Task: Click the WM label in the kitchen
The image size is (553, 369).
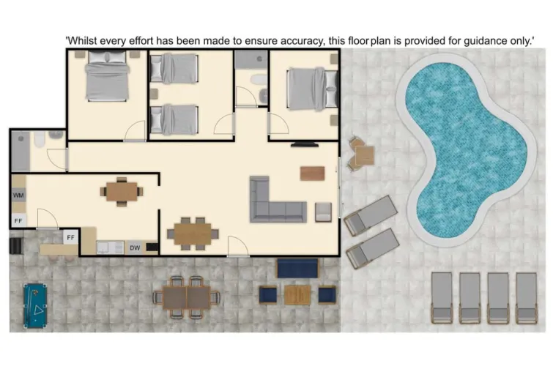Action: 18,195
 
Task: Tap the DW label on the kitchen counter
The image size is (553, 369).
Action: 135,248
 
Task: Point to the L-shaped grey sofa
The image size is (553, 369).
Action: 275,201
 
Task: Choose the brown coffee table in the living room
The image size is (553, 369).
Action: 312,173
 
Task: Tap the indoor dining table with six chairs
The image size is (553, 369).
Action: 193,233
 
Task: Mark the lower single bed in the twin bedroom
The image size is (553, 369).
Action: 174,119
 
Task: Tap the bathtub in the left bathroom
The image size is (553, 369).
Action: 21,152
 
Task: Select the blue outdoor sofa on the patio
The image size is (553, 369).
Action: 297,268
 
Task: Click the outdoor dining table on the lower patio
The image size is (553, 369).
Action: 186,297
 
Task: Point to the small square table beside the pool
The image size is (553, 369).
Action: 362,154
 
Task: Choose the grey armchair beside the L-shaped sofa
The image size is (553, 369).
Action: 324,212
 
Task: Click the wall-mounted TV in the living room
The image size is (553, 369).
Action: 305,143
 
